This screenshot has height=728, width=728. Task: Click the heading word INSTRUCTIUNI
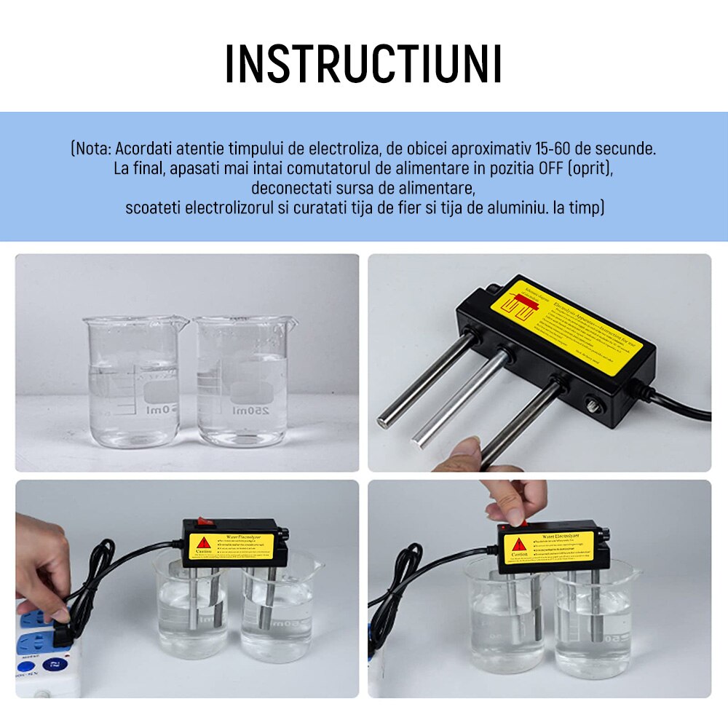tap(363, 64)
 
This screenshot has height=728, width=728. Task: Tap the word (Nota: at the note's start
tap(91, 149)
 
